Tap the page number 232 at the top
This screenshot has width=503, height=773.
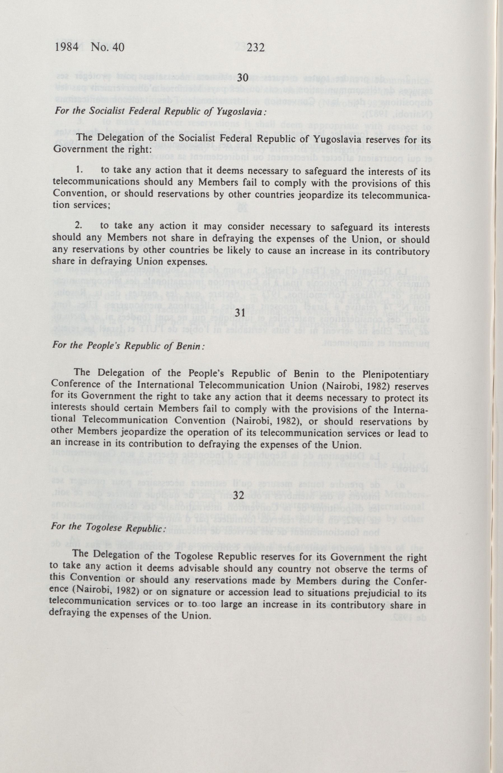[x=256, y=48]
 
